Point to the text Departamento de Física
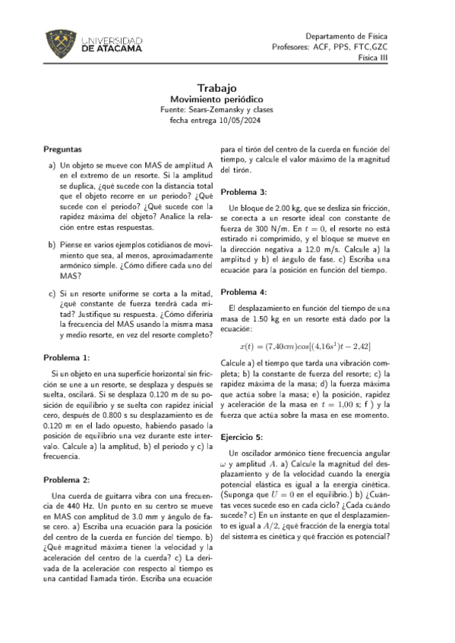click(x=346, y=36)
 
